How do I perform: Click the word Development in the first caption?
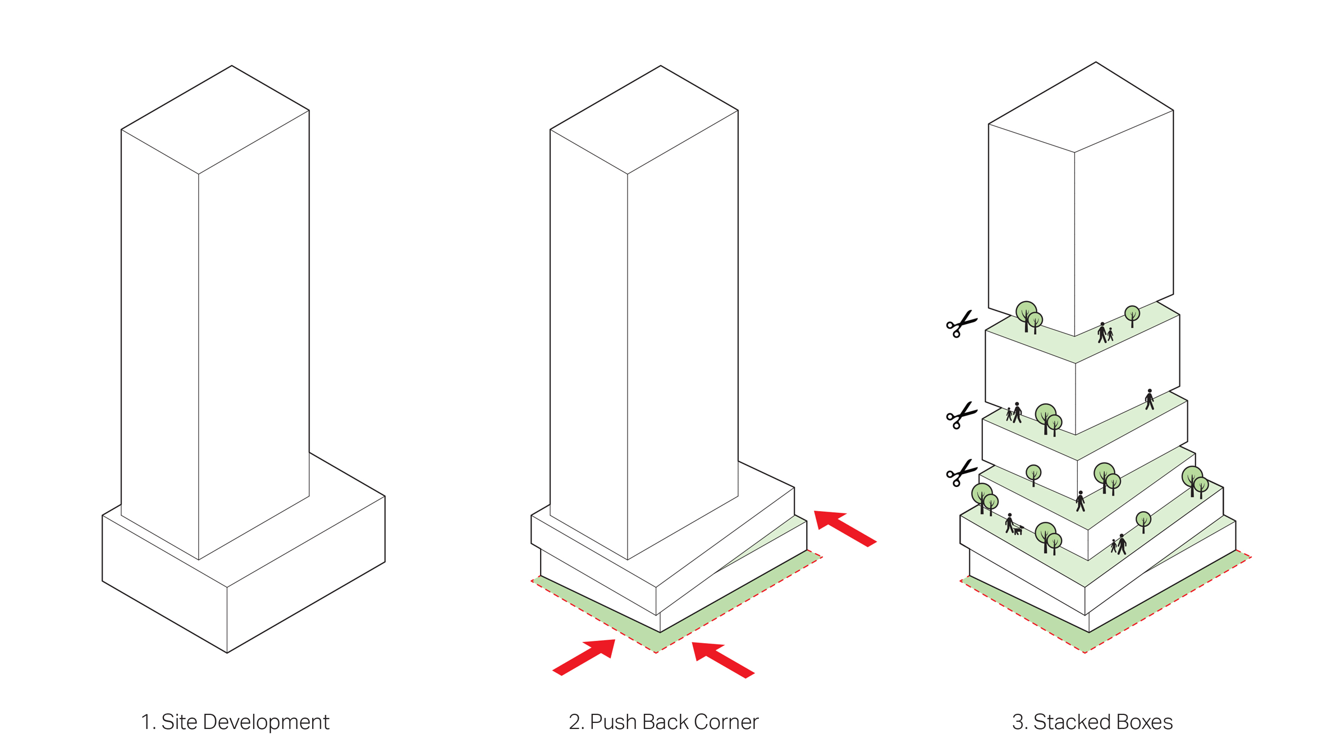pyautogui.click(x=266, y=722)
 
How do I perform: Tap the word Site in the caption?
pyautogui.click(x=179, y=722)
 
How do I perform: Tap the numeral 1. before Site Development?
pyautogui.click(x=149, y=722)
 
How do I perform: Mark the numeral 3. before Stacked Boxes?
pyautogui.click(x=1020, y=722)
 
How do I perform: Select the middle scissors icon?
pyautogui.click(x=962, y=416)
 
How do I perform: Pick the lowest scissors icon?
pyautogui.click(x=962, y=473)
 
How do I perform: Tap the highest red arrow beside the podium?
pyautogui.click(x=845, y=529)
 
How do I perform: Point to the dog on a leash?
pyautogui.click(x=1018, y=530)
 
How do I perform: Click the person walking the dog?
pyautogui.click(x=1010, y=523)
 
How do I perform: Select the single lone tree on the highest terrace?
pyautogui.click(x=1132, y=316)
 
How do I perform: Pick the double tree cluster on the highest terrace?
pyautogui.click(x=1029, y=317)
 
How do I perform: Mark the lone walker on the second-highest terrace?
pyautogui.click(x=1150, y=399)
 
